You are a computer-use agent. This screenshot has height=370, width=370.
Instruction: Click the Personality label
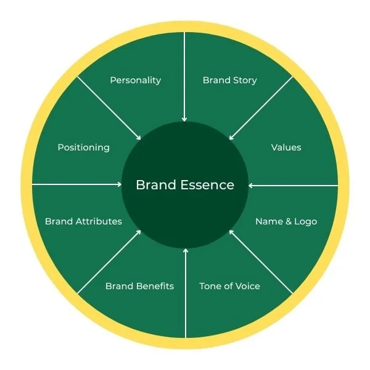point(135,80)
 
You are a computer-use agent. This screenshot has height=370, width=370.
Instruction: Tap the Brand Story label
point(230,80)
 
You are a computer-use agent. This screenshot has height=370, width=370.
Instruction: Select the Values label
point(286,147)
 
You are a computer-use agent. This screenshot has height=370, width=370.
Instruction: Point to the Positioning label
point(83,147)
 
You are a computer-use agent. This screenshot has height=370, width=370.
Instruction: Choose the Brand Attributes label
point(83,221)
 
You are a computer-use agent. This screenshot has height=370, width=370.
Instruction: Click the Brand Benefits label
point(139,286)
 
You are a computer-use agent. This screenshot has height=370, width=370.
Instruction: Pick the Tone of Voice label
point(229,286)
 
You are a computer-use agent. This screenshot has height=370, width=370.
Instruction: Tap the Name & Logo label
point(286,221)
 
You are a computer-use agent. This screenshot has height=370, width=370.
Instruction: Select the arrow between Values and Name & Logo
point(293,184)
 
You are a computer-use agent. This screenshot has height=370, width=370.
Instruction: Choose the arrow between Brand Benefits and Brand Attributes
point(109,261)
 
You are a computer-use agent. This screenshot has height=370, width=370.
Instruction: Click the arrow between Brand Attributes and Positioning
point(77,184)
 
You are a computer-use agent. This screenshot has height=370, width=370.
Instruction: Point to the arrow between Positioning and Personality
point(109,108)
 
